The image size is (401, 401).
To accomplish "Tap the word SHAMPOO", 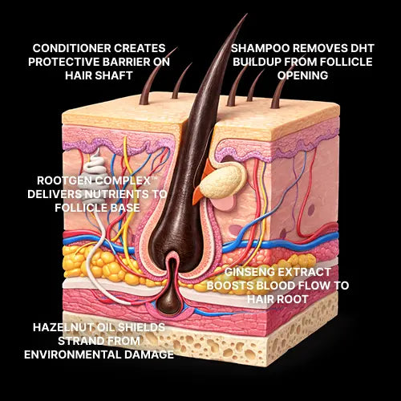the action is [x=260, y=48].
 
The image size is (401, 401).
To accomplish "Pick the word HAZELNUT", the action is [x=63, y=327].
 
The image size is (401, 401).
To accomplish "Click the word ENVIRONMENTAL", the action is [x=72, y=354].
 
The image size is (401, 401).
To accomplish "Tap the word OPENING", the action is [x=302, y=75].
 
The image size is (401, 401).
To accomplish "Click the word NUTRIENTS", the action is [x=116, y=194].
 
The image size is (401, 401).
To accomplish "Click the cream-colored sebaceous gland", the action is [x=222, y=182].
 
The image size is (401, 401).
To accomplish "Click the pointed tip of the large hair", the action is [x=246, y=14].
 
